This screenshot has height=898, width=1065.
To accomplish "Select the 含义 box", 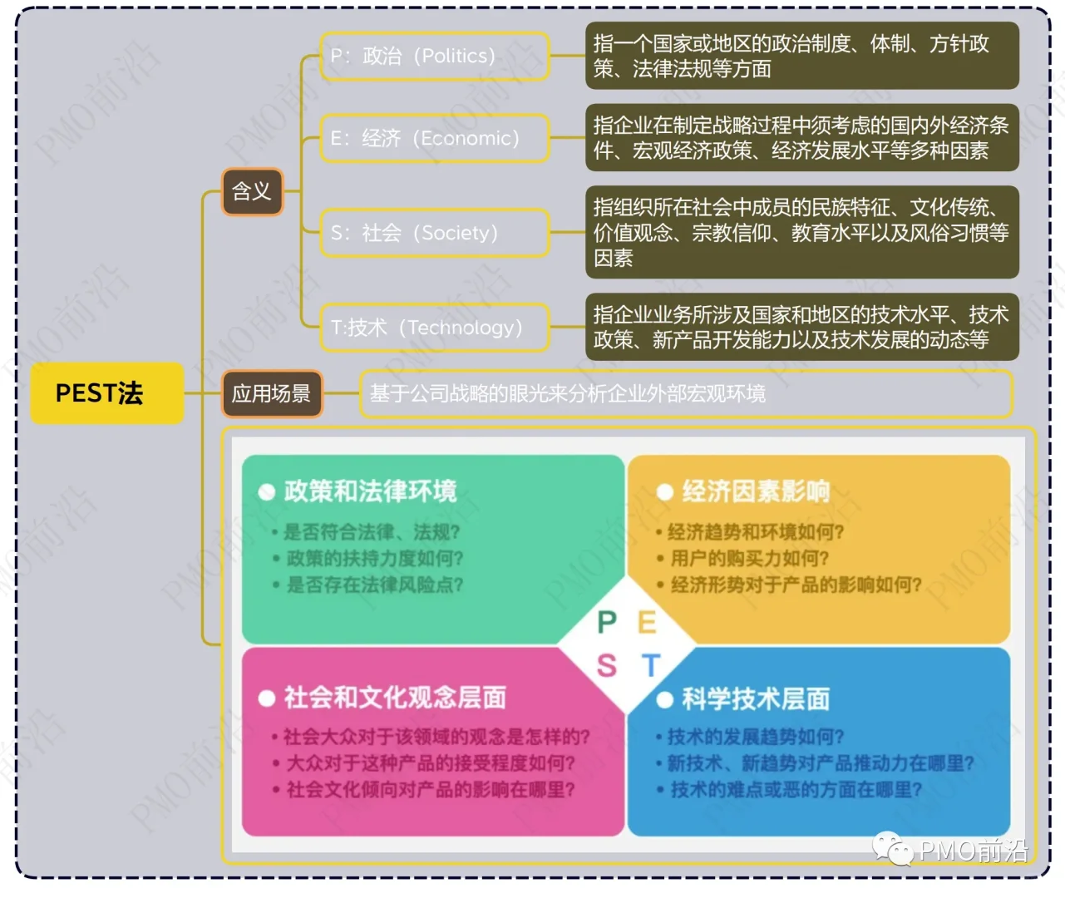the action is [x=252, y=192].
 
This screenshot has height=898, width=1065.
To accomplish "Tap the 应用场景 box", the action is [x=271, y=393].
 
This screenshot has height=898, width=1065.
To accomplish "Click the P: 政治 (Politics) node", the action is [x=434, y=57].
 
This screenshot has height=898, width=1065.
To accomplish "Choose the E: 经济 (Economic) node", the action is [x=434, y=138].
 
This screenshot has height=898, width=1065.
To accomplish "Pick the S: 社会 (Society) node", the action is [x=434, y=233].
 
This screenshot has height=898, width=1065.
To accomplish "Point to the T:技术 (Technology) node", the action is [x=434, y=328].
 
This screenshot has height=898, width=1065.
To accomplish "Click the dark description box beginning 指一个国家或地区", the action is [x=801, y=56].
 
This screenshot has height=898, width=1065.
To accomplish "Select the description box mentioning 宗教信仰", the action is [x=801, y=232].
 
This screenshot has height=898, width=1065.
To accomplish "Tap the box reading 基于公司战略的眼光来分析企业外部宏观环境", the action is [x=685, y=393].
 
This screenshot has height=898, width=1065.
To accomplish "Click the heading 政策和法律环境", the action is [x=370, y=491].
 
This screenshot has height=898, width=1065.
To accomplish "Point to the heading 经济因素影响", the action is [x=756, y=491].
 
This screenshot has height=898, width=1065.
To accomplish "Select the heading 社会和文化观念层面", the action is [x=395, y=697].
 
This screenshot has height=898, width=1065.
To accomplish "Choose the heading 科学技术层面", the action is [x=756, y=698].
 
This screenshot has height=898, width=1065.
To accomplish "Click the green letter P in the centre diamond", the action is [x=607, y=622].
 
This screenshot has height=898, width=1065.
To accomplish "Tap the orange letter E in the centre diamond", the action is [x=647, y=622].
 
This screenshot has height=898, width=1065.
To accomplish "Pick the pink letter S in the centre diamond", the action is [x=607, y=665].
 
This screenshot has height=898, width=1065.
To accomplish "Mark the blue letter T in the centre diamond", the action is [x=650, y=665].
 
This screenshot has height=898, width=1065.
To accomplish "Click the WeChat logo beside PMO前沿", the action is [x=891, y=849].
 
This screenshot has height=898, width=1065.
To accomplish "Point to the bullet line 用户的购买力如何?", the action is [x=749, y=558].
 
